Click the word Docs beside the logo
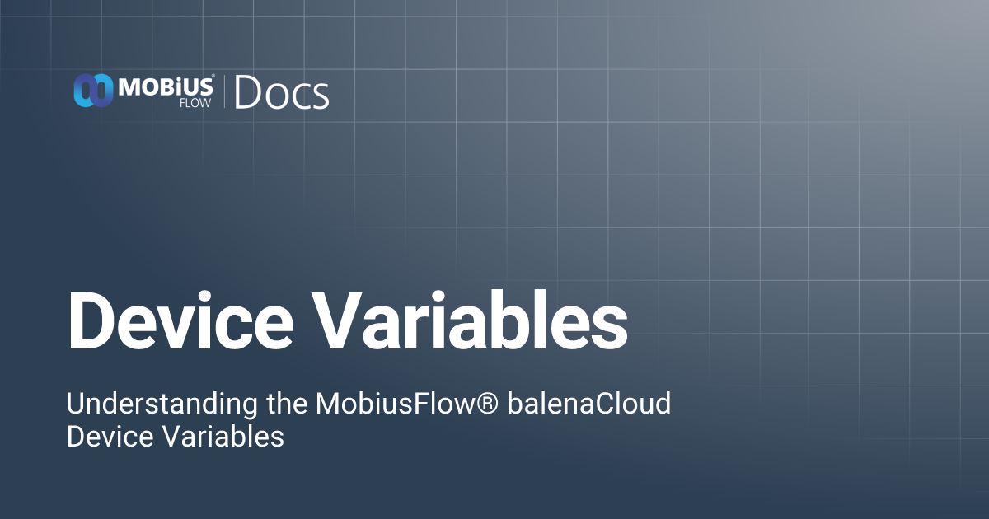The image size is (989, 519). tap(282, 93)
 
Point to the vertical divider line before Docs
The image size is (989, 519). tap(225, 91)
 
